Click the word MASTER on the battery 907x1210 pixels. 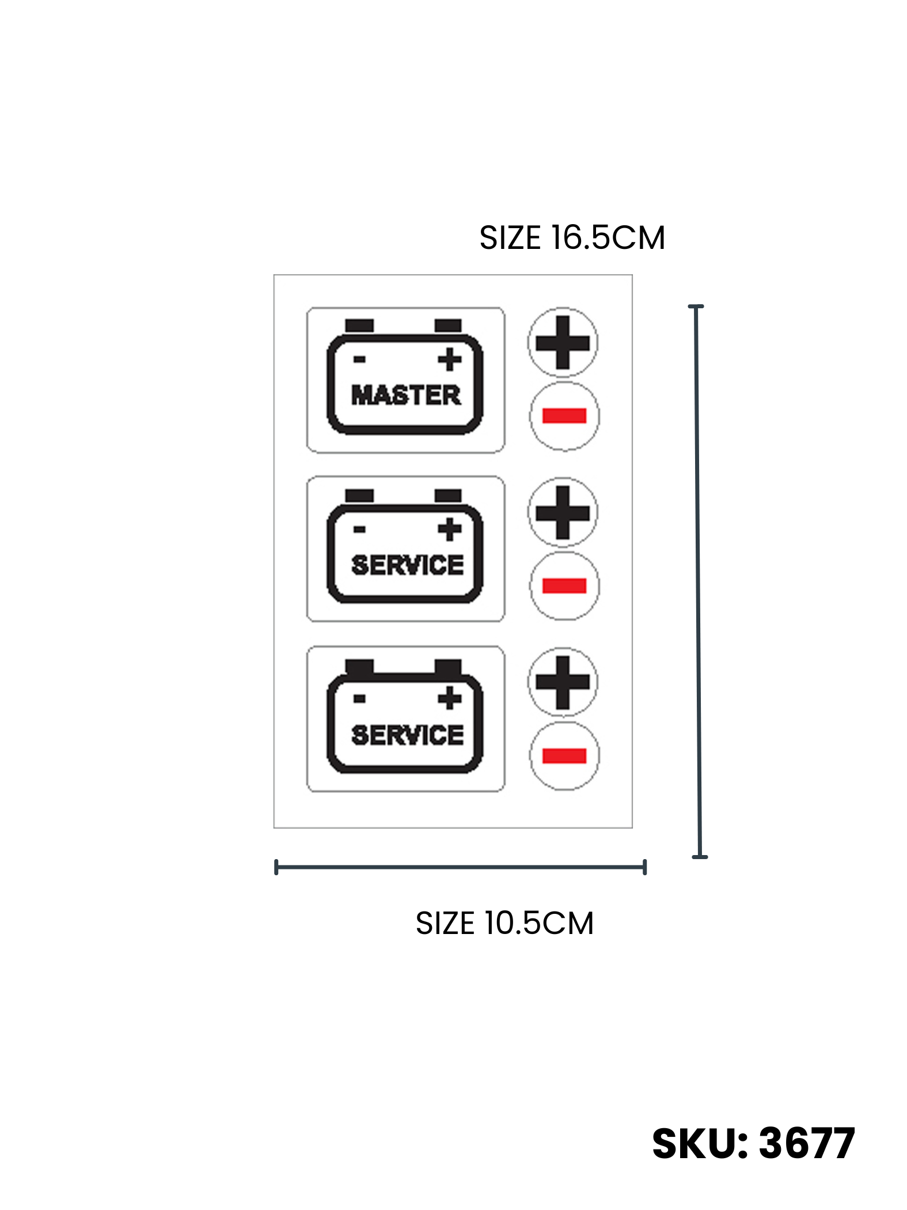click(406, 395)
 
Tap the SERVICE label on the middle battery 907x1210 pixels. click(407, 565)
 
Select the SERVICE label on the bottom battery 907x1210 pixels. click(407, 735)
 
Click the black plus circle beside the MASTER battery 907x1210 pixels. click(563, 343)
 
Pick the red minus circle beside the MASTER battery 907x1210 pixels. click(564, 416)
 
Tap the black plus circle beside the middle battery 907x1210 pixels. click(563, 513)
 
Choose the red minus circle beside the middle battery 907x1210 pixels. click(564, 586)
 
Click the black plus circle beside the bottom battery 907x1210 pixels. click(563, 683)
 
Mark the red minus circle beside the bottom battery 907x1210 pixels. click(564, 756)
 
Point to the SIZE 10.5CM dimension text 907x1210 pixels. click(504, 923)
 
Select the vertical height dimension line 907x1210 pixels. click(698, 581)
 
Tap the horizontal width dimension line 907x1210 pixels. click(460, 867)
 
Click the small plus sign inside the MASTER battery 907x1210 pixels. click(450, 360)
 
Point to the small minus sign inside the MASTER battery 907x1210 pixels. click(359, 360)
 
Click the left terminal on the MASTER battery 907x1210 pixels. click(359, 326)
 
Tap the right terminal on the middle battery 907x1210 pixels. click(448, 496)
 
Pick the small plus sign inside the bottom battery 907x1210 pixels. click(450, 698)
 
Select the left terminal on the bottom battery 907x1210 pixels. click(359, 667)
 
